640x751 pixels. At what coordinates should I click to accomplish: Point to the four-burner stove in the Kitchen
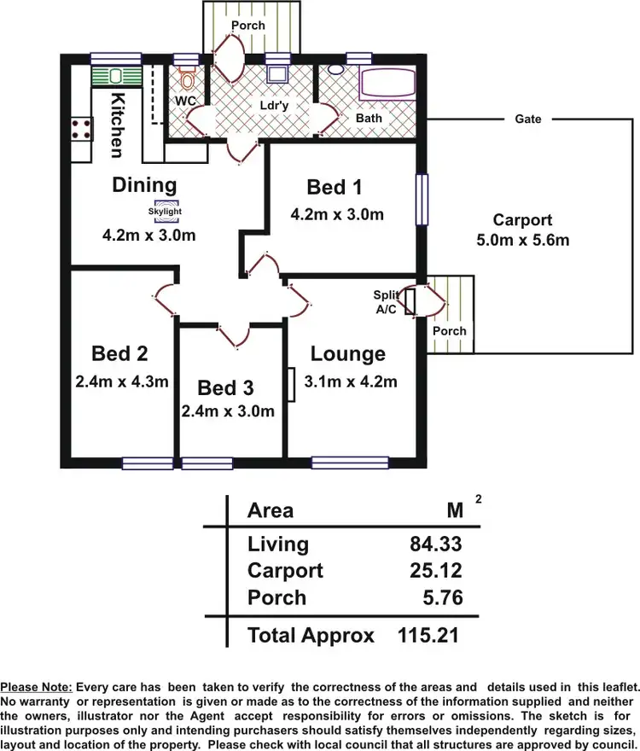[81, 129]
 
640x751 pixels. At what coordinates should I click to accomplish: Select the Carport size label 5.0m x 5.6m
[522, 240]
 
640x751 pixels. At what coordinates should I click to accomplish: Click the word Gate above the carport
[528, 119]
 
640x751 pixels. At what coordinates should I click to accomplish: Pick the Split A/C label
[385, 302]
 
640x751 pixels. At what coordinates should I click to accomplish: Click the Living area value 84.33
[436, 544]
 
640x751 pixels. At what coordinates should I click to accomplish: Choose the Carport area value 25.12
[436, 570]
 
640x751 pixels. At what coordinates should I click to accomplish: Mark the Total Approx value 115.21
[430, 635]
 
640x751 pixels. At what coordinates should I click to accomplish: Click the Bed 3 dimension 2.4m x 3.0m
[228, 410]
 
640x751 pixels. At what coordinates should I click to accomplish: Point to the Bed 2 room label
[120, 353]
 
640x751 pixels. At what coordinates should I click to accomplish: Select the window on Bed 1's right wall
[422, 201]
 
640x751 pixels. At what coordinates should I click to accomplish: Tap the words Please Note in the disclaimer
[37, 686]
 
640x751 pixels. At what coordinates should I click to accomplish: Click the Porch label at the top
[248, 25]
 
